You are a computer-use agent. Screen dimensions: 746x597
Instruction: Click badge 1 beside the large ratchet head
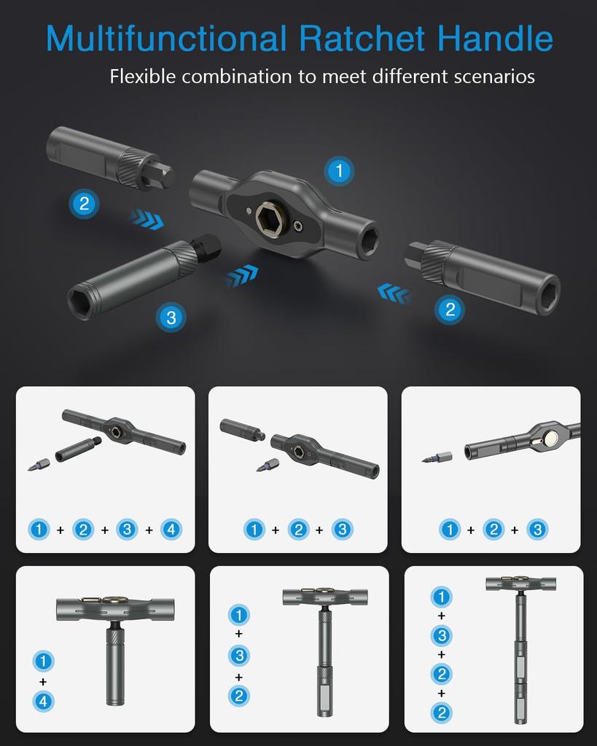pos(338,172)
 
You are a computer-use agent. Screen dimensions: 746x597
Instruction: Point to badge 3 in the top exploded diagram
pos(171,317)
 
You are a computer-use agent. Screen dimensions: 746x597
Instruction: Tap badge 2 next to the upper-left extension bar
pos(84,204)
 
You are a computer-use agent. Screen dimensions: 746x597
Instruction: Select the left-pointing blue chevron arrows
pos(394,294)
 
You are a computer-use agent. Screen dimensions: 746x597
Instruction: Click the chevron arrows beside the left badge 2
pos(147,219)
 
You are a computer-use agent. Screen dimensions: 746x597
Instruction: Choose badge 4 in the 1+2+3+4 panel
pos(171,530)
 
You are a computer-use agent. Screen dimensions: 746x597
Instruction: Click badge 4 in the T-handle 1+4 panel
pos(43,702)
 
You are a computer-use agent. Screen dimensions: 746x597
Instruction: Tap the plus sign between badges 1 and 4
pos(43,682)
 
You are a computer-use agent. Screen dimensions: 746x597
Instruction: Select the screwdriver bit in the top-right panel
pos(437,458)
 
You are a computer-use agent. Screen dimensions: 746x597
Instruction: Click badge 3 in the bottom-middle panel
pos(238,656)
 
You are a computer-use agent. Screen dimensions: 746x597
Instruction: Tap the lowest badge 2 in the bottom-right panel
pos(441,712)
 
